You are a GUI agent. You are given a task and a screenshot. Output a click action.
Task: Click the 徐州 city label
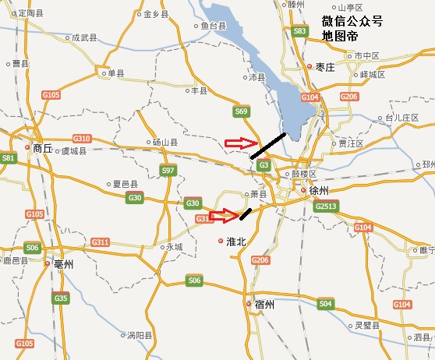[320, 189]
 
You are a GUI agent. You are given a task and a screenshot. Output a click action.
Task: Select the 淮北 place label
[235, 242]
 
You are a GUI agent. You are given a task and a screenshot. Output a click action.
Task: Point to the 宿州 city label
[264, 305]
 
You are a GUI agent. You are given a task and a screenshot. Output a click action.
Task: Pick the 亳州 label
[63, 264]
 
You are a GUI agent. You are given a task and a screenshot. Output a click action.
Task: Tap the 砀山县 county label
[165, 143]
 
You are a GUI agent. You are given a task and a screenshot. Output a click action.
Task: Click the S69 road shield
[241, 113]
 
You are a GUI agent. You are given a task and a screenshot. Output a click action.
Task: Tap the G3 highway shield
[264, 165]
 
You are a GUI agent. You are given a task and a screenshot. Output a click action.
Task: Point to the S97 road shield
[168, 171]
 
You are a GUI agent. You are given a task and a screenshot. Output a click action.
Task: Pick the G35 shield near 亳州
[61, 298]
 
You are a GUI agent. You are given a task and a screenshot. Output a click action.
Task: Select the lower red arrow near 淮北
[222, 214]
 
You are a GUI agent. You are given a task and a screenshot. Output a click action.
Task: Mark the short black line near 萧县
[246, 214]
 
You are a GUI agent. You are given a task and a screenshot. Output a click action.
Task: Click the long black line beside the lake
[268, 146]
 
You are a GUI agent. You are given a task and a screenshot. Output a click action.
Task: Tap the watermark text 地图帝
[341, 37]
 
